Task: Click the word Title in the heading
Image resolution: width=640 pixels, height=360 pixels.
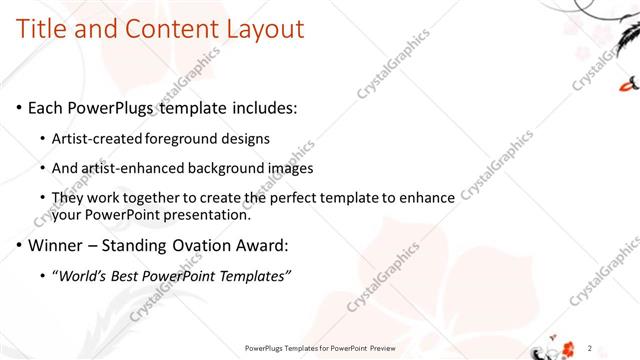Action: click(x=45, y=29)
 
